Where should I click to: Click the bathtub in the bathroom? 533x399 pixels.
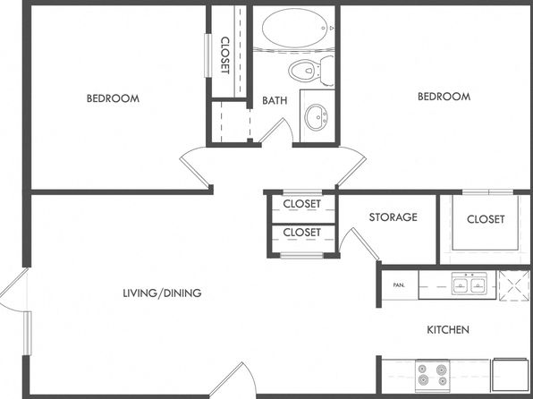[295, 28]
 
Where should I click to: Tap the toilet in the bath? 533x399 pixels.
[311, 71]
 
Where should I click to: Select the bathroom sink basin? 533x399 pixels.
[317, 116]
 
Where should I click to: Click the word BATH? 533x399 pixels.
[275, 100]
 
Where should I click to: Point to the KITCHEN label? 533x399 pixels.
[448, 329]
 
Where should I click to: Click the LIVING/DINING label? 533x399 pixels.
[162, 293]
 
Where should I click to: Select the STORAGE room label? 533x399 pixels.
[393, 217]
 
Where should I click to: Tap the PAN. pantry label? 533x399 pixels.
[399, 285]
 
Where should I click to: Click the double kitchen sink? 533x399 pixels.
[470, 284]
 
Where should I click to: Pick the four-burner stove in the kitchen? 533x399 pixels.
[432, 375]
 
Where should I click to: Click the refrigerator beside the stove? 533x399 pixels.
[510, 374]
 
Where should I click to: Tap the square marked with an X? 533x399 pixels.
[514, 285]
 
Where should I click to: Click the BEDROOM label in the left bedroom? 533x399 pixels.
[113, 98]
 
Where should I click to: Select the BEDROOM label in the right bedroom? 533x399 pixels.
[444, 97]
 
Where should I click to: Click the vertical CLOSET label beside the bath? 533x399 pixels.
[224, 55]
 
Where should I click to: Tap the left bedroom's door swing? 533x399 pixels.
[193, 166]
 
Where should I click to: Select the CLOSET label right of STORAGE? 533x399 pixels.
[486, 219]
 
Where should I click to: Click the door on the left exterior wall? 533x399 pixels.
[13, 289]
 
